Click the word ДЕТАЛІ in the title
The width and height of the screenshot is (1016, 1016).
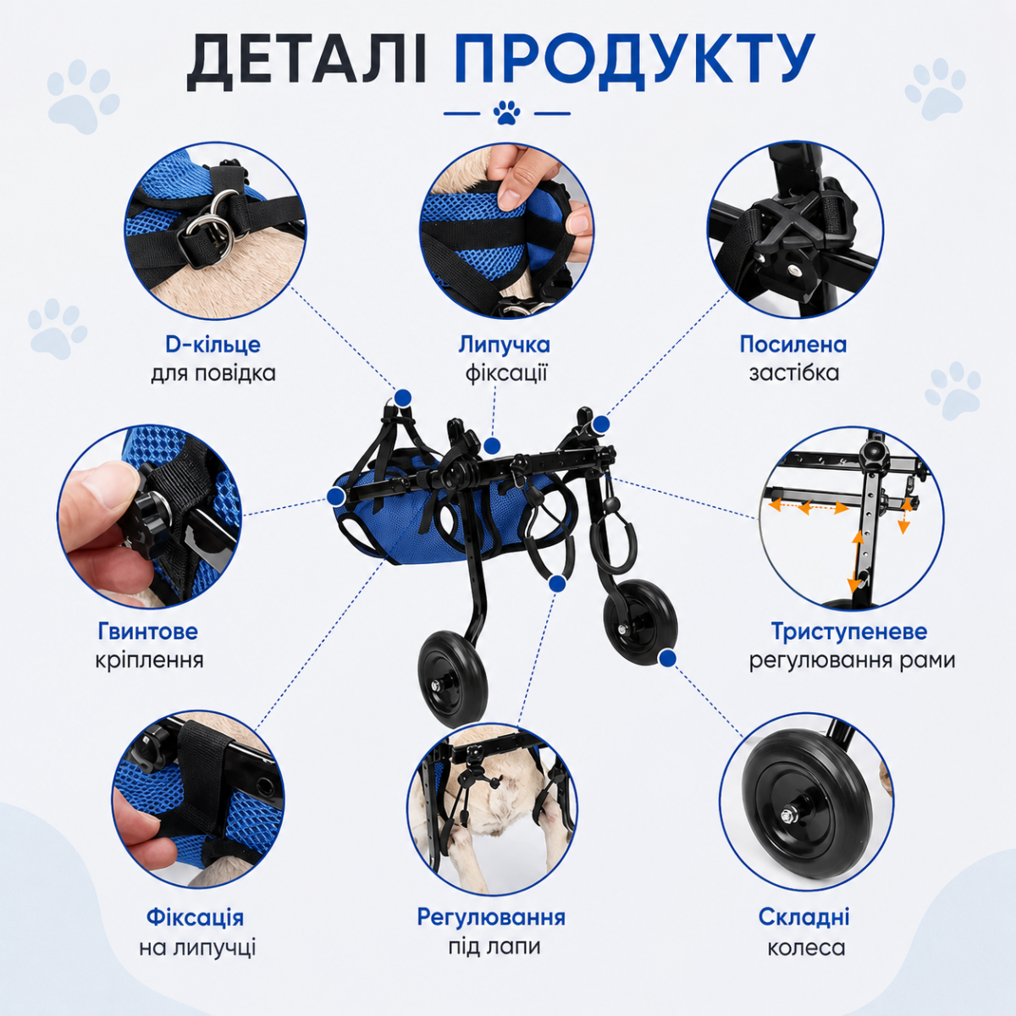click(x=306, y=62)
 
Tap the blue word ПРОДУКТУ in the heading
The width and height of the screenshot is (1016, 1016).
click(x=634, y=62)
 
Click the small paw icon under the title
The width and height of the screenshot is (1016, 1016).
click(x=506, y=113)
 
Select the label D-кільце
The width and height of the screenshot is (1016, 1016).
click(x=213, y=345)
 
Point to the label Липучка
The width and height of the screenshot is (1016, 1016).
click(x=504, y=345)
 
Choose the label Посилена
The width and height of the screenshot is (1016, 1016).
click(x=794, y=345)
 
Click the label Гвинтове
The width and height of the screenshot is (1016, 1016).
click(x=147, y=631)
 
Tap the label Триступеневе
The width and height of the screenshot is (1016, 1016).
click(x=849, y=631)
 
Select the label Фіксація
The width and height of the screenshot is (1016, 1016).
click(x=195, y=918)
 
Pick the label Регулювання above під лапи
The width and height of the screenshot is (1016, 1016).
click(x=491, y=918)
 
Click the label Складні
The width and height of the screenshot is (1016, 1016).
click(x=804, y=918)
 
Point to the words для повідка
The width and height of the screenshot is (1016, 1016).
click(x=213, y=373)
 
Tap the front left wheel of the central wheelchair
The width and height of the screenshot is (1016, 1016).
click(x=453, y=678)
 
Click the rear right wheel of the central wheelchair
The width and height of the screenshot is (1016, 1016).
click(x=640, y=616)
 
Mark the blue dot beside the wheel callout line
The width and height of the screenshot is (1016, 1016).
click(x=668, y=658)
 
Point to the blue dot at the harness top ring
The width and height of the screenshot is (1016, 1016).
click(x=403, y=398)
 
